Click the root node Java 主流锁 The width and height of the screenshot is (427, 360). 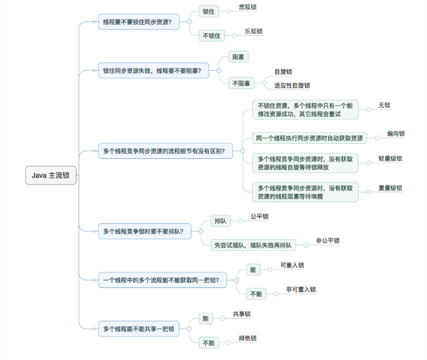51,175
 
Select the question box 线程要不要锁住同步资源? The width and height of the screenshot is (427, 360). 139,22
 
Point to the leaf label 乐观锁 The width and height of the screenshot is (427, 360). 254,32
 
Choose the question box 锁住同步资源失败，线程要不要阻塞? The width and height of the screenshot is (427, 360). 152,71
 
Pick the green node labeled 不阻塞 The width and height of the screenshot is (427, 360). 241,83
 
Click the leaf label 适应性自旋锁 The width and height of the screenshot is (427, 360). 292,86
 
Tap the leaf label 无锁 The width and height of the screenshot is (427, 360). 384,105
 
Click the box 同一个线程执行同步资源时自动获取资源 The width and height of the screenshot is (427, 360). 309,138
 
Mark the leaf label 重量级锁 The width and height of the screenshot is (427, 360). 390,188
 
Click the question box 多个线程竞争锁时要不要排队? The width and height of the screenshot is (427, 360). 144,231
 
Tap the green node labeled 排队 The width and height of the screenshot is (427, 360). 220,221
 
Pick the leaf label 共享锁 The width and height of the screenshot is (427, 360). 241,314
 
